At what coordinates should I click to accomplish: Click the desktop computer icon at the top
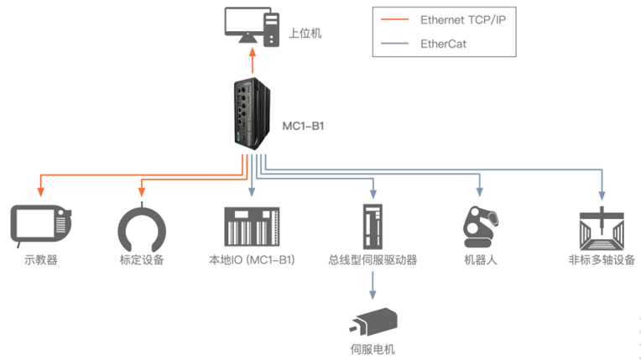[253, 27]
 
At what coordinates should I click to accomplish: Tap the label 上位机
[305, 34]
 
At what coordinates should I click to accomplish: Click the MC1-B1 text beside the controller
[304, 127]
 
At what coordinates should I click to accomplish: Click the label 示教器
[41, 259]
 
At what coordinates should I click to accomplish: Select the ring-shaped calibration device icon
[142, 226]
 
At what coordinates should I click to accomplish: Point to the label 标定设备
[142, 259]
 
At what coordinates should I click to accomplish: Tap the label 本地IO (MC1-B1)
[252, 259]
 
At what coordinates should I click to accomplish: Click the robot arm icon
[480, 225]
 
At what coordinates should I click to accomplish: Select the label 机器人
[481, 259]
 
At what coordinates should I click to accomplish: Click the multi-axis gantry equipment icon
[602, 226]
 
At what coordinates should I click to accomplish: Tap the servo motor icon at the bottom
[373, 322]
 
